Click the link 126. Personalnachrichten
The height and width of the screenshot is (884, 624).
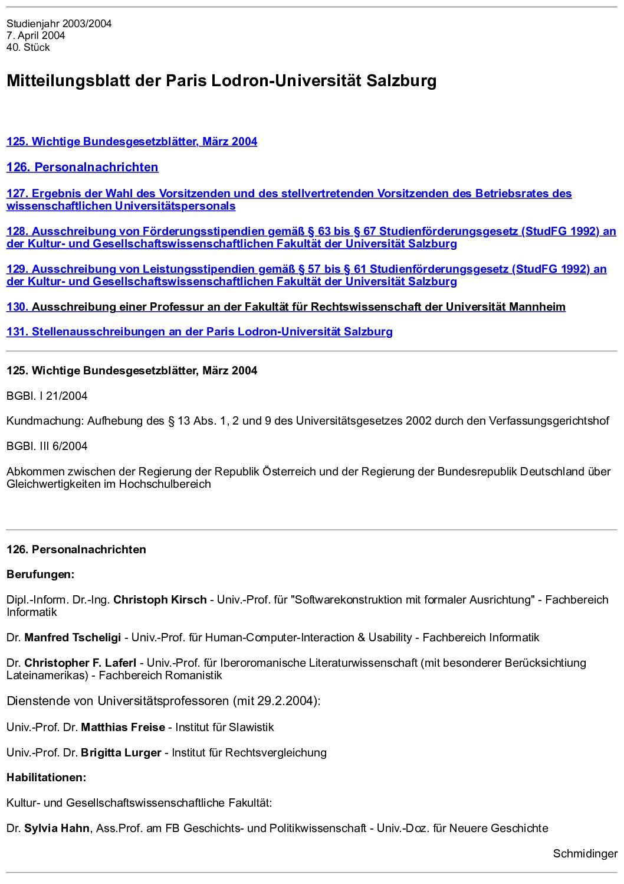82,167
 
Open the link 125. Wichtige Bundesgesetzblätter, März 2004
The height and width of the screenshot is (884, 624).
132,141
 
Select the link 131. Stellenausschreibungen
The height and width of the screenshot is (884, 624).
199,331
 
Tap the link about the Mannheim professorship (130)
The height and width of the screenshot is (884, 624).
285,306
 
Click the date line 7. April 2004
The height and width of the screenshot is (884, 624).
36,35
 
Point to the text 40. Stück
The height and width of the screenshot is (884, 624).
28,47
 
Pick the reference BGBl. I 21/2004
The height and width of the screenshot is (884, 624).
47,396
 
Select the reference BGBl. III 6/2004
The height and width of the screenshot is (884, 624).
47,446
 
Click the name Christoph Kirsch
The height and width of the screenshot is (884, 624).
160,599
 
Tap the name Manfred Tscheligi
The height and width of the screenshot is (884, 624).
73,637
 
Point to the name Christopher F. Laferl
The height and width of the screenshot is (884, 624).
80,663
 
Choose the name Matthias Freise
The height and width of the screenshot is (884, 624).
123,727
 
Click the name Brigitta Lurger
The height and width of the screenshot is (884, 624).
121,752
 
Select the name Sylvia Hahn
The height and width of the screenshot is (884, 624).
57,828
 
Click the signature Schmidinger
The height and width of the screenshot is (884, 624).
584,853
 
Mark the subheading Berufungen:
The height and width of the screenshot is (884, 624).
40,574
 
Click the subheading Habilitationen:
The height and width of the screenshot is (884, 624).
46,777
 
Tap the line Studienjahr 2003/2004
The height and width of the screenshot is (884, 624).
59,24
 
